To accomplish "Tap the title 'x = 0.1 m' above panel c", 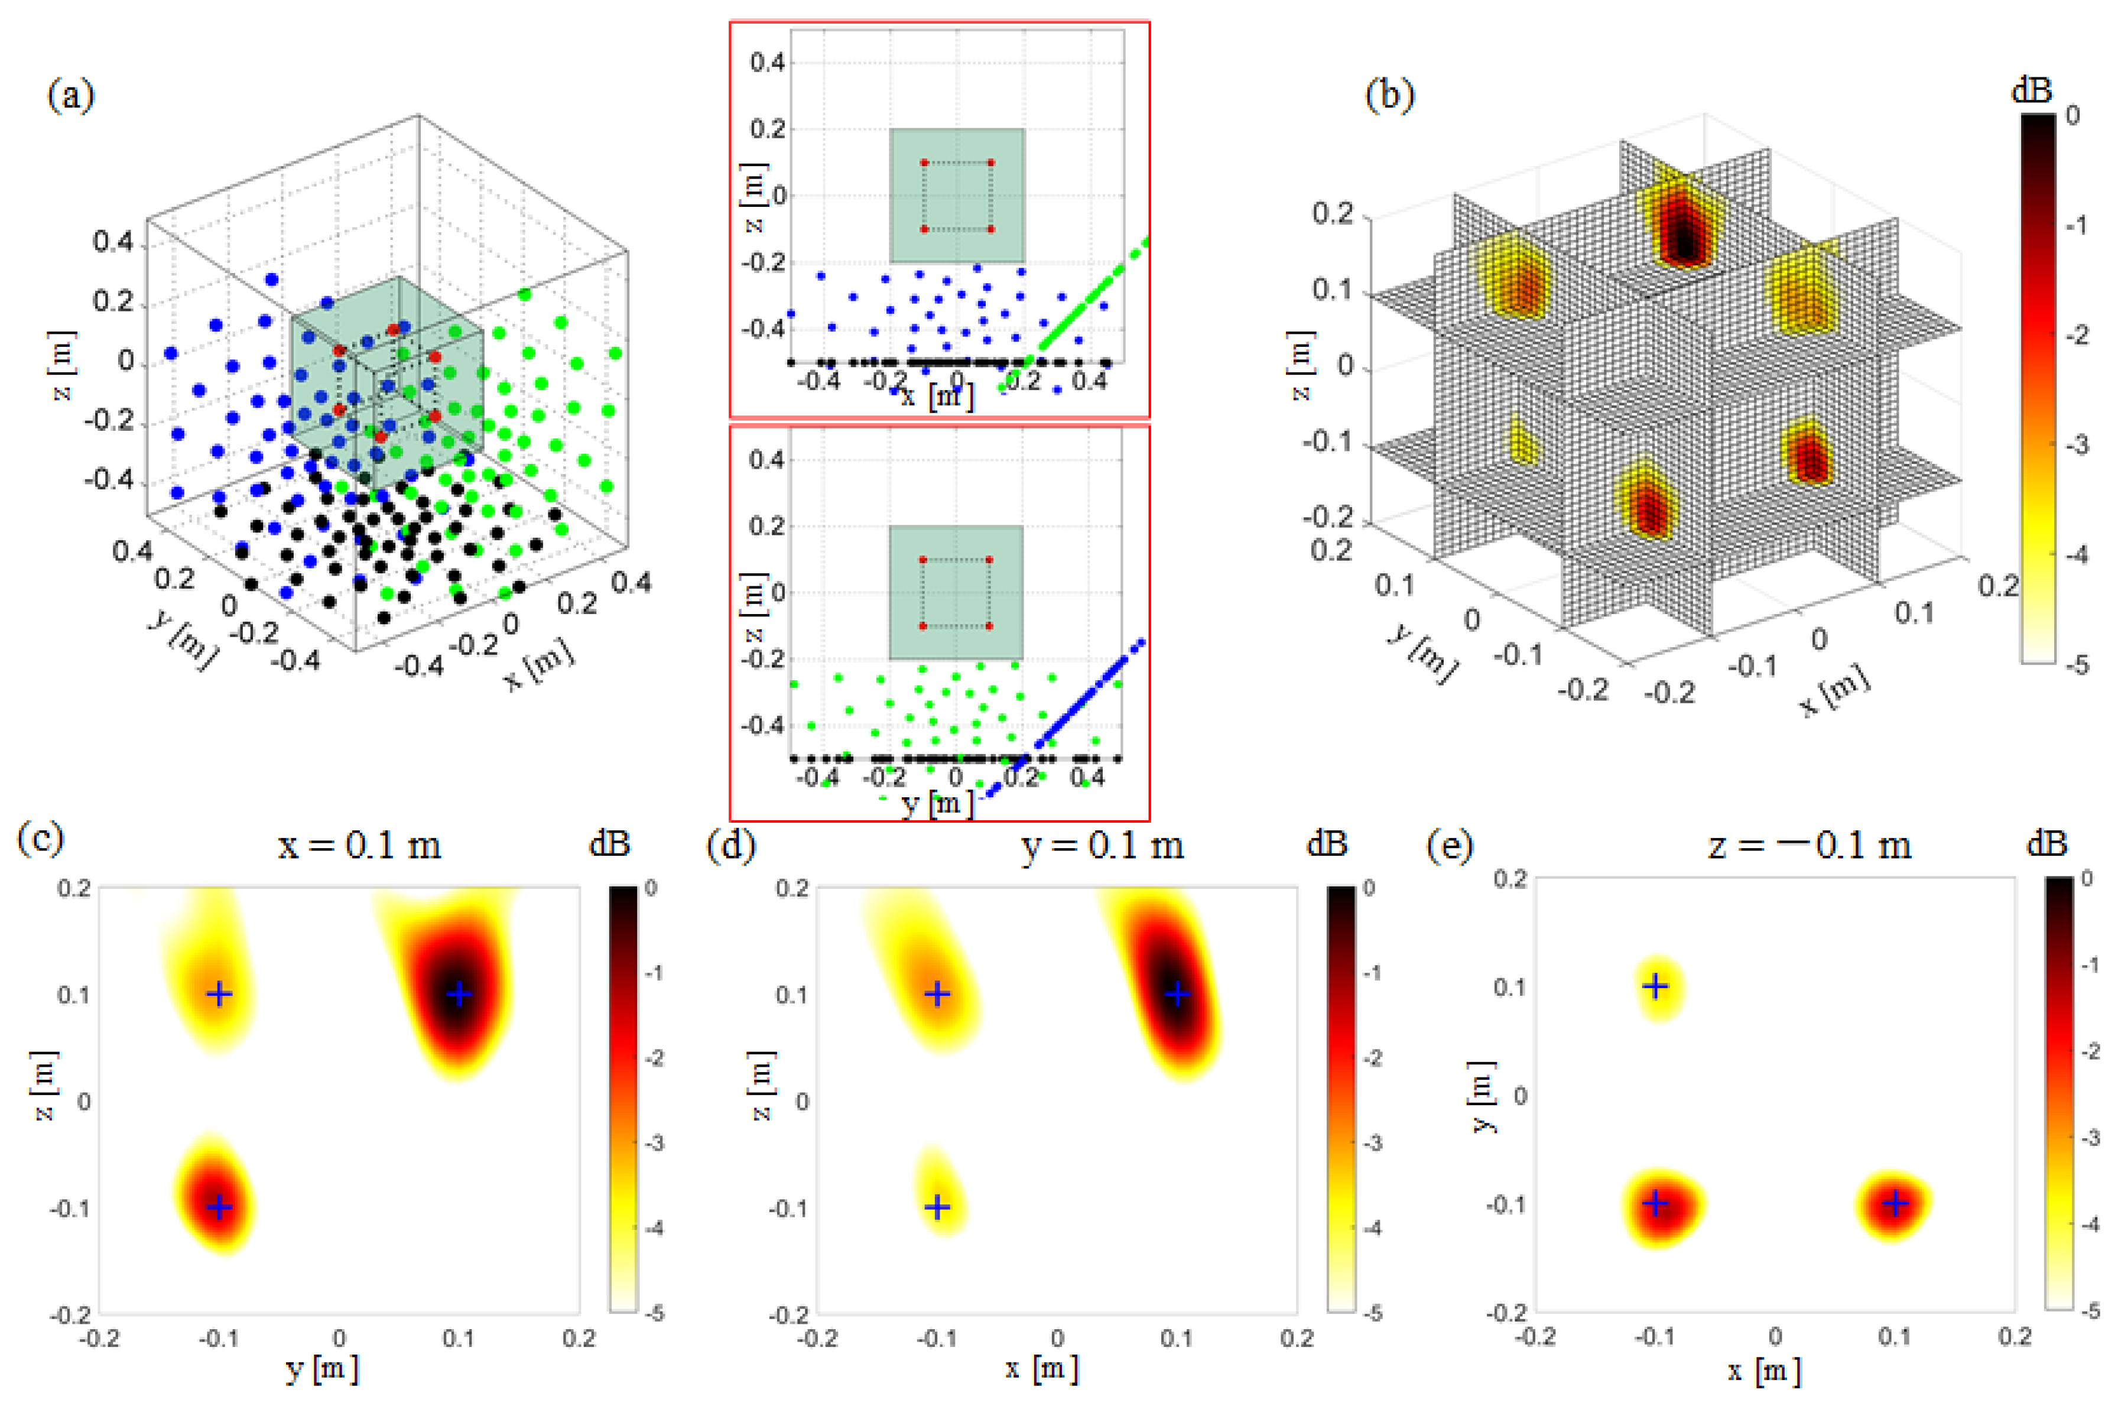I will tap(359, 845).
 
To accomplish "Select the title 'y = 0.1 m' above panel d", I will tap(1102, 845).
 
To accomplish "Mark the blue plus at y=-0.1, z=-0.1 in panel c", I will tap(220, 1207).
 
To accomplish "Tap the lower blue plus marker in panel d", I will tap(937, 1207).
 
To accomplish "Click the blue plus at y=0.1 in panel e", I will tap(1655, 986).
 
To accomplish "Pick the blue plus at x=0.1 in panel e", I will tap(1895, 1203).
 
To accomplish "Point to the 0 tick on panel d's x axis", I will tap(1057, 1339).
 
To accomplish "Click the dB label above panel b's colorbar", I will tap(2032, 90).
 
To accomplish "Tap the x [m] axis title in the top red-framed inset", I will tap(937, 395).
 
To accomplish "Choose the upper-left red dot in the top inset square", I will tap(924, 163).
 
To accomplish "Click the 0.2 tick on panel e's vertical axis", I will tap(1510, 879).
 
